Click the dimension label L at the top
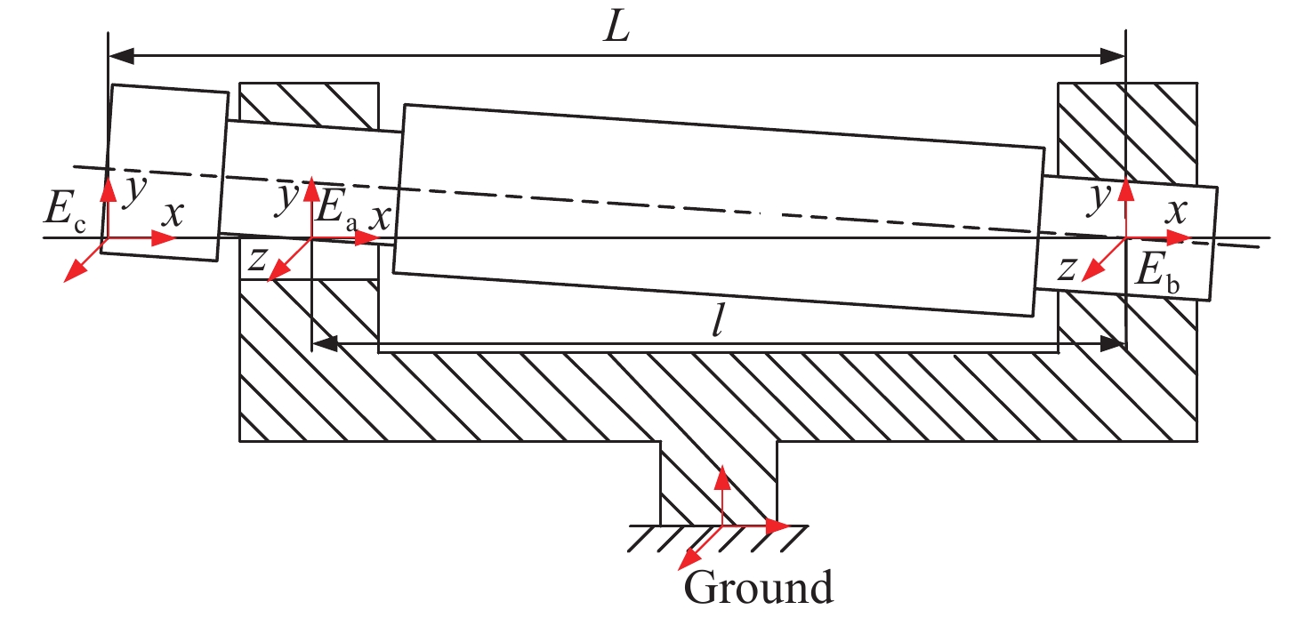pyautogui.click(x=616, y=28)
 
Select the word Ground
pyautogui.click(x=758, y=589)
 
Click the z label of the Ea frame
pyautogui.click(x=257, y=259)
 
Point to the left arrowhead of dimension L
pyautogui.click(x=121, y=56)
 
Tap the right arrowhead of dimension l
pyautogui.click(x=1112, y=342)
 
